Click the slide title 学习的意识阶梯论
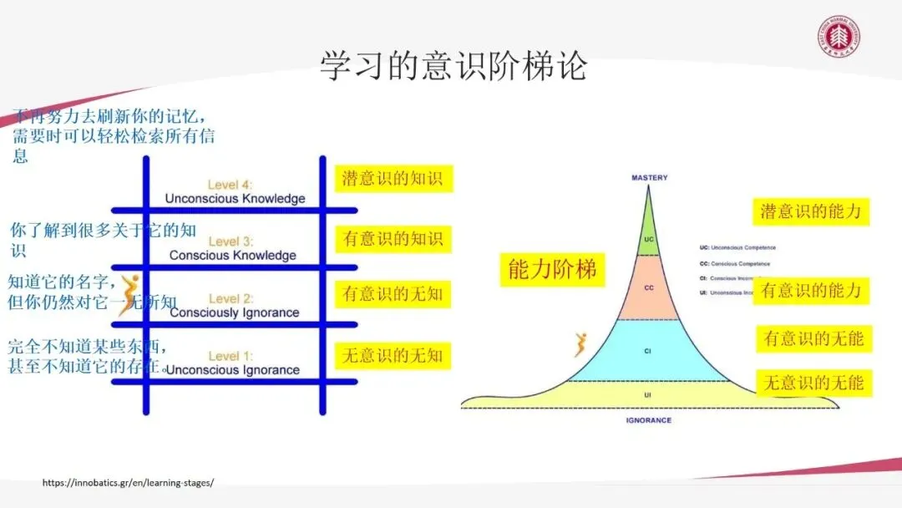(x=453, y=66)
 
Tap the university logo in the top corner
(x=839, y=38)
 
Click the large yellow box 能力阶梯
(x=553, y=269)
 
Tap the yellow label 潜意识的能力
(x=810, y=211)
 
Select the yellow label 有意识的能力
(x=810, y=291)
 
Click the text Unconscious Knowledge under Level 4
(x=235, y=199)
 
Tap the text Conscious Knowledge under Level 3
(x=232, y=255)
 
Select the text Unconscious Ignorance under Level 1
(x=233, y=369)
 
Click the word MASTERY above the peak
(x=649, y=178)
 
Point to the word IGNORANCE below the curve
(x=648, y=420)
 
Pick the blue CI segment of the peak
(x=648, y=351)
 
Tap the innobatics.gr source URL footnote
(x=128, y=483)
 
